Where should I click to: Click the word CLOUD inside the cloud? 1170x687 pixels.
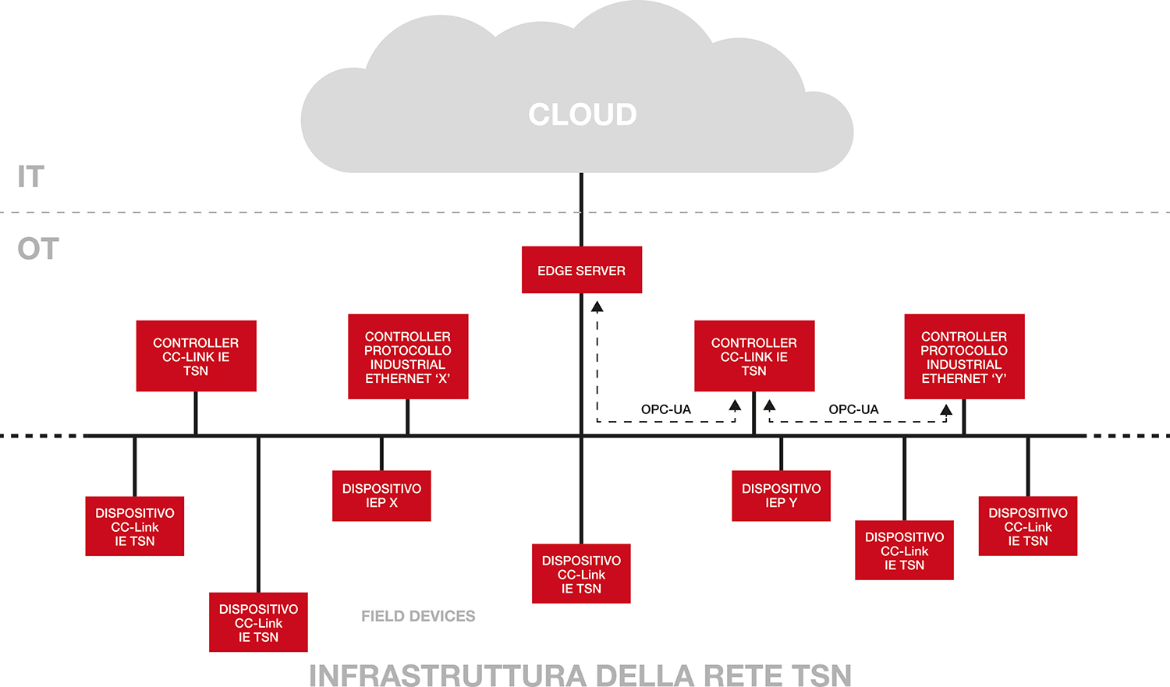coord(582,115)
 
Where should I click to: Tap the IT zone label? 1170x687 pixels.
coord(31,177)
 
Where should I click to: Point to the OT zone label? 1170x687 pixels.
coord(38,249)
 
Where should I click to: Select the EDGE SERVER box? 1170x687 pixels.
coord(581,270)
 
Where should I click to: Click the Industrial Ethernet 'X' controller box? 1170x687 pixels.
coord(408,356)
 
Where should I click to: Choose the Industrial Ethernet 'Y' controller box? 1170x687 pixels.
coord(964,356)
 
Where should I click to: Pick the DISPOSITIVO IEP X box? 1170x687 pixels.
coord(381,495)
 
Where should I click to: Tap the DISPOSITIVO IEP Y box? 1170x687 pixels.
coord(781,495)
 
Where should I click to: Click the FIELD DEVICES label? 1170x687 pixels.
coord(418,616)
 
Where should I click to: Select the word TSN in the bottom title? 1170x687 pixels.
coord(821,675)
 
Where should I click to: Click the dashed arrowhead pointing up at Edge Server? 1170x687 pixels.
coord(597,306)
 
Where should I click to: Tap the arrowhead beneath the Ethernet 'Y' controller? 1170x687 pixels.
coord(946,410)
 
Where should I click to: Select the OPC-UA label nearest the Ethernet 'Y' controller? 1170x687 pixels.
coord(853,409)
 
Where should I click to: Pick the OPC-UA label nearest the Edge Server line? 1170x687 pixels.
coord(666,409)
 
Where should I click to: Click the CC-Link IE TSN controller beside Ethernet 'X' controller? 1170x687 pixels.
coord(196,356)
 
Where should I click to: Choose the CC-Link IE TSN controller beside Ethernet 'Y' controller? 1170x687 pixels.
coord(754,356)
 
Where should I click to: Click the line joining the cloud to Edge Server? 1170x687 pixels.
coord(581,211)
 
